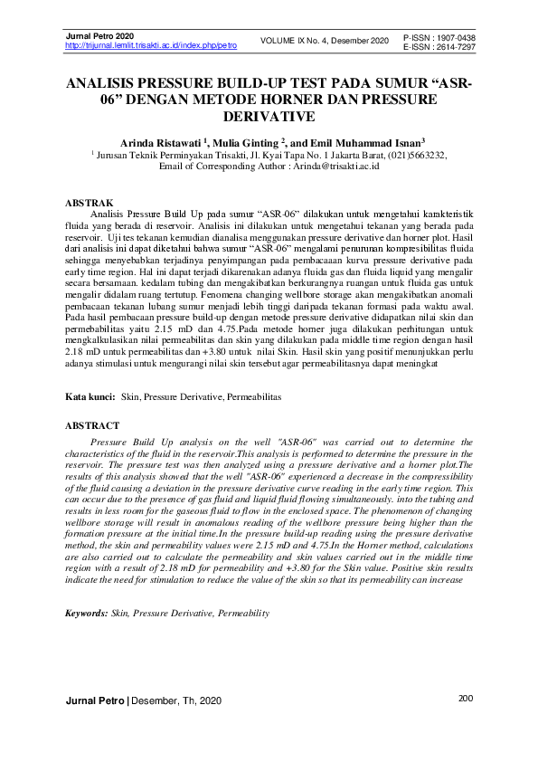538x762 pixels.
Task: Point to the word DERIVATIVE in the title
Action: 269,117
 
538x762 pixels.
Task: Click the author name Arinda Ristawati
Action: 160,142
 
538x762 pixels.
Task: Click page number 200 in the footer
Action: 467,699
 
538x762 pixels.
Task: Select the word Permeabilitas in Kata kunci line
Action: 254,396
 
